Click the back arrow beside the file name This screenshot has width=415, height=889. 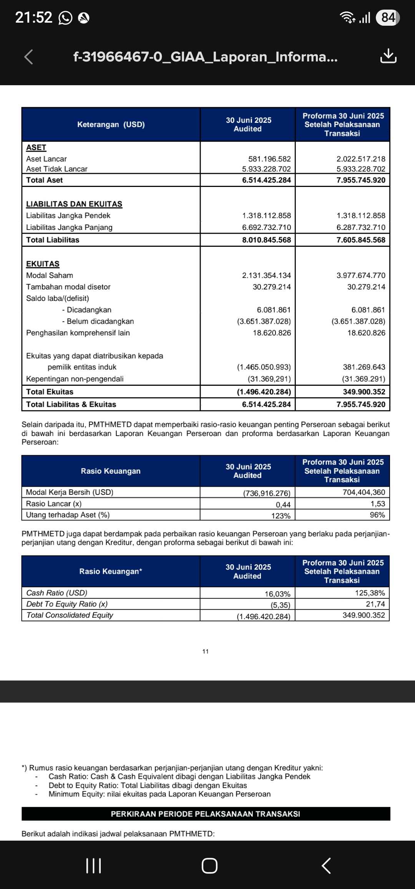coord(28,57)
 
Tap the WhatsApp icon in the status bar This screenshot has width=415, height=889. coord(65,18)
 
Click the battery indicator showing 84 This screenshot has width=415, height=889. coord(388,18)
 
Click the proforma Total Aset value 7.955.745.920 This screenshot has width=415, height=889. coord(361,180)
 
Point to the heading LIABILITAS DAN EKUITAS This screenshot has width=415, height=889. coord(74,204)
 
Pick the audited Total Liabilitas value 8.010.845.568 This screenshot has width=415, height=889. coord(266,240)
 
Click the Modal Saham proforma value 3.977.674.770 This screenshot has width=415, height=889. coord(361,275)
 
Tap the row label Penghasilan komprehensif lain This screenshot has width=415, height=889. coord(78,333)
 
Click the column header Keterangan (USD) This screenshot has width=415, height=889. coord(111,124)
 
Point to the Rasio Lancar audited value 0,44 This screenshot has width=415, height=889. coord(283,504)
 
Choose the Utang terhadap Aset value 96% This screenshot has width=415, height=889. coord(377,515)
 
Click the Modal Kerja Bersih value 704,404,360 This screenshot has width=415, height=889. coord(364,492)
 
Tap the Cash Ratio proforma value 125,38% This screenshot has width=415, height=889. coord(370,593)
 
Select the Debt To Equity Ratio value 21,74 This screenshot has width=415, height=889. coord(375,604)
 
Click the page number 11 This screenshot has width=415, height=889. coord(206,651)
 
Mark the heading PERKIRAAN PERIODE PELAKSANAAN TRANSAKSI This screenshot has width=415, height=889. coord(206,814)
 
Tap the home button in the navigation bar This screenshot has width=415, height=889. coord(209,866)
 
